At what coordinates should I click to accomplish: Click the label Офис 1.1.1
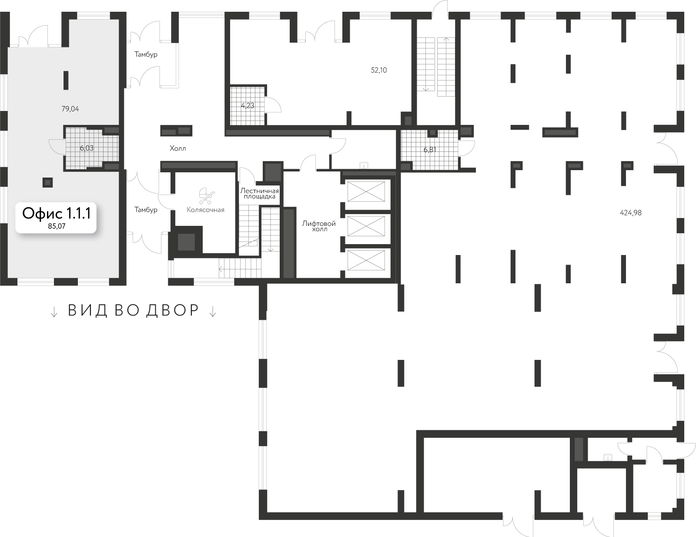click(56, 213)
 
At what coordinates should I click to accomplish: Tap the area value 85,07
click(56, 226)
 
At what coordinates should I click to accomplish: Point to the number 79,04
click(70, 109)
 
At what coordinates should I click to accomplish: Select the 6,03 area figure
click(87, 148)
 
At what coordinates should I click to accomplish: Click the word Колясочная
click(205, 210)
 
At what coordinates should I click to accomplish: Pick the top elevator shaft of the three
click(366, 192)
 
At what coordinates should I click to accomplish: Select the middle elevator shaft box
click(366, 226)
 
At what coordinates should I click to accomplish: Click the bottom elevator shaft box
click(366, 260)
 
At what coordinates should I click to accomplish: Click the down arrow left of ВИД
click(54, 311)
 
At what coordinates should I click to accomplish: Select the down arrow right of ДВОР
click(213, 311)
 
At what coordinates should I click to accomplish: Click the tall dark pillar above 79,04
click(66, 80)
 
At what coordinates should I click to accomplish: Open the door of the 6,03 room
click(57, 146)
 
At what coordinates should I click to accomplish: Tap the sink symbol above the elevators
click(364, 165)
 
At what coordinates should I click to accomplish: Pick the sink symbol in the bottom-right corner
click(608, 457)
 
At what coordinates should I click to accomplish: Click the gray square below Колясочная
click(186, 242)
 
